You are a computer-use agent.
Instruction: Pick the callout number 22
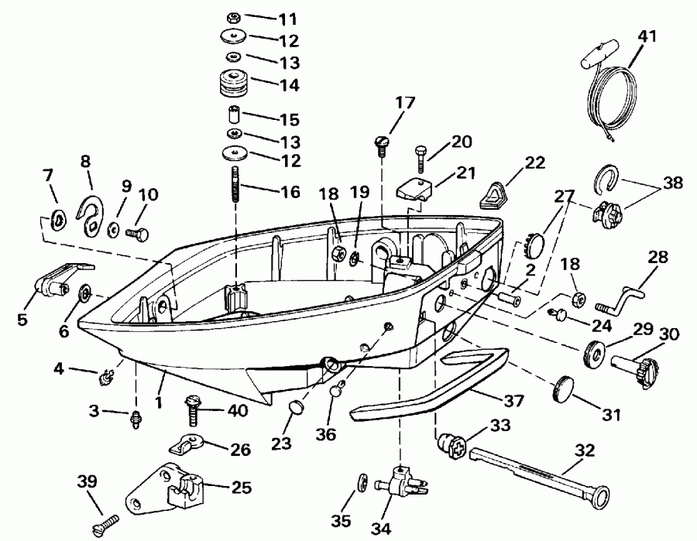pos(534,163)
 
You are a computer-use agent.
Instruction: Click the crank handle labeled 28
pos(624,298)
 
